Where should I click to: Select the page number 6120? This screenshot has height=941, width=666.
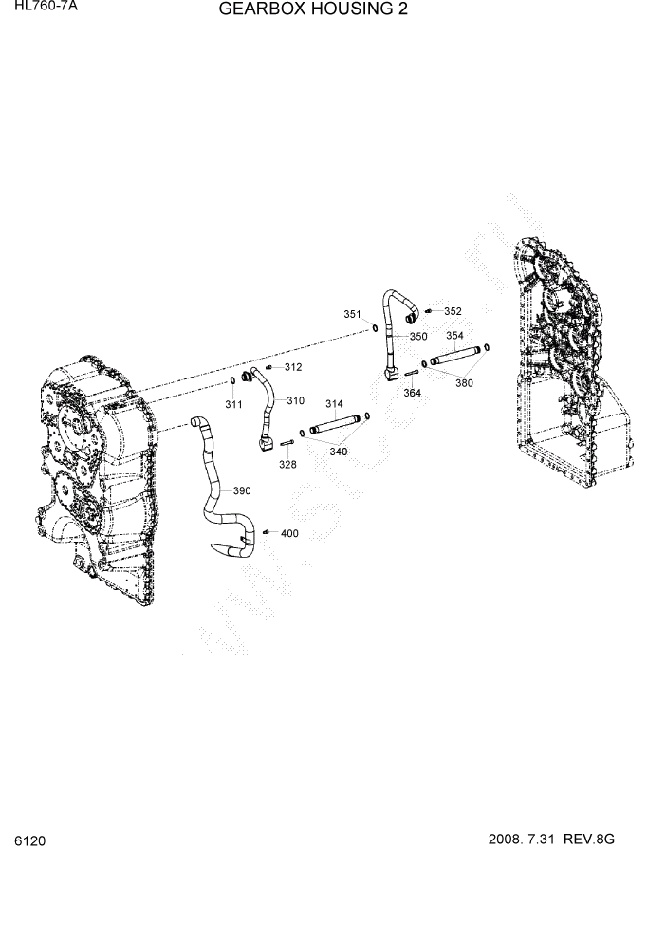30,840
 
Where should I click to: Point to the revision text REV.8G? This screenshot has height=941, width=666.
590,840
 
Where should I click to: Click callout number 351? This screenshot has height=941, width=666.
352,314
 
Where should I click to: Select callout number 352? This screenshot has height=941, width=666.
453,311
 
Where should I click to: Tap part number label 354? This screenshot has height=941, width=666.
454,335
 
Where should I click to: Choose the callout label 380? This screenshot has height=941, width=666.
464,383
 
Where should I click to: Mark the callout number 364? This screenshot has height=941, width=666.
412,393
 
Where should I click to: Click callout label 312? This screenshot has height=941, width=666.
293,367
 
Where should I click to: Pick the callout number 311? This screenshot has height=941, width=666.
233,405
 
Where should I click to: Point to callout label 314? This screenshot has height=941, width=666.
334,404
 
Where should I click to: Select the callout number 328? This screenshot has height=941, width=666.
287,464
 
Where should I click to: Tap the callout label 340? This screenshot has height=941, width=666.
339,452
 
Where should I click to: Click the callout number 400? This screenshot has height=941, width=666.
289,533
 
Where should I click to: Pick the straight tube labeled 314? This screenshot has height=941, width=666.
334,424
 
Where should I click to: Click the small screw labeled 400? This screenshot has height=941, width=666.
267,532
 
